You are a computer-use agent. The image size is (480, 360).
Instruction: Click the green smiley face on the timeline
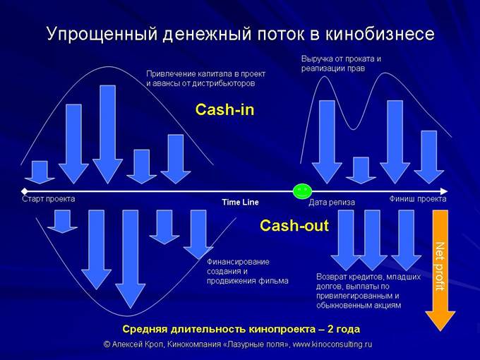(x=302, y=191)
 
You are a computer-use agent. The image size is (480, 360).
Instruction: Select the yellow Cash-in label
(x=224, y=110)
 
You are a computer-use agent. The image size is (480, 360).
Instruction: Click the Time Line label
(x=240, y=202)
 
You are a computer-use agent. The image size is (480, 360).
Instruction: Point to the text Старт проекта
(x=49, y=199)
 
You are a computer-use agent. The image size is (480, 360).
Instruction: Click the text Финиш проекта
(x=418, y=199)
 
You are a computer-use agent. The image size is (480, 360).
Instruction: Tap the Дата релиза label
(x=332, y=203)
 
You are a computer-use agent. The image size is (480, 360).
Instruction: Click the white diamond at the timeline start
(x=25, y=191)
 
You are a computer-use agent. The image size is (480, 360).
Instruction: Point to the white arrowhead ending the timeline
(x=443, y=191)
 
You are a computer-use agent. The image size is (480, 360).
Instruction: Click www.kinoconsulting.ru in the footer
(x=332, y=344)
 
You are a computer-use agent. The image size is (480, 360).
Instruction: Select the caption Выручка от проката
(x=341, y=59)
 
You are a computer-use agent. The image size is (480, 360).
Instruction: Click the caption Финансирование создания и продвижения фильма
(x=247, y=271)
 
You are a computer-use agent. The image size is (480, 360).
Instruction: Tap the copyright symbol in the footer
(x=107, y=344)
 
